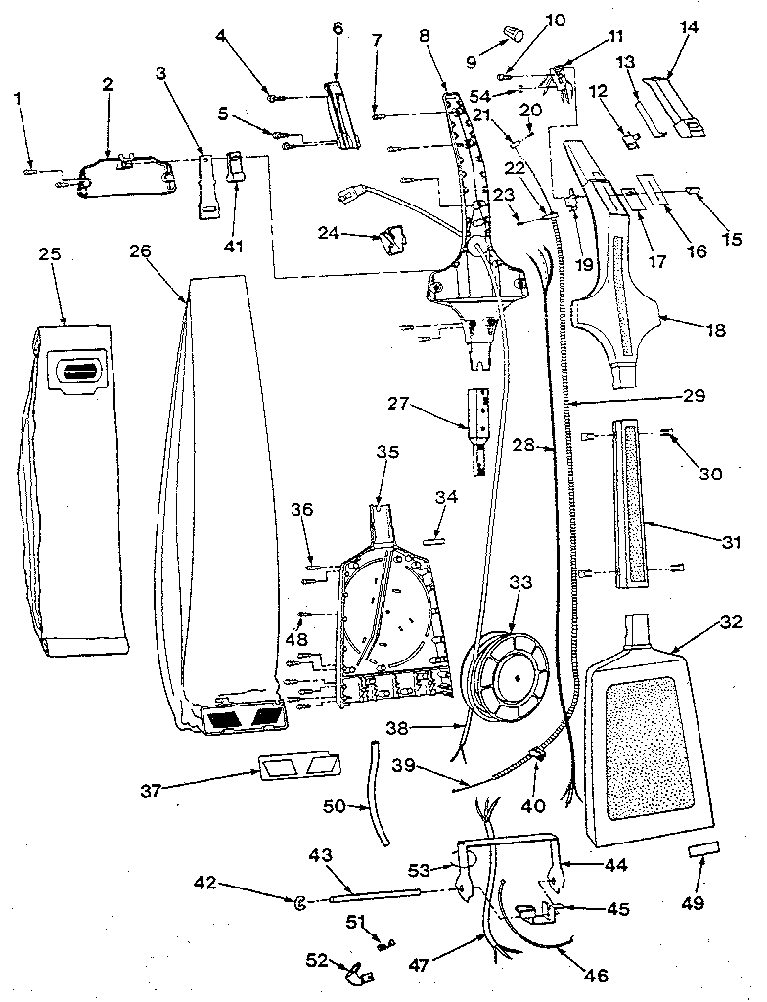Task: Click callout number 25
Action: [50, 253]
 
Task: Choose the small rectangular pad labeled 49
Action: [704, 846]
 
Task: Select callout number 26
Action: [140, 250]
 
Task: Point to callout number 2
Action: [107, 84]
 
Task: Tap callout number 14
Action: [690, 27]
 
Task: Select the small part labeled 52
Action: [358, 972]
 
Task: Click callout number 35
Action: [388, 452]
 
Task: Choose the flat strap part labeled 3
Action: [206, 182]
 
